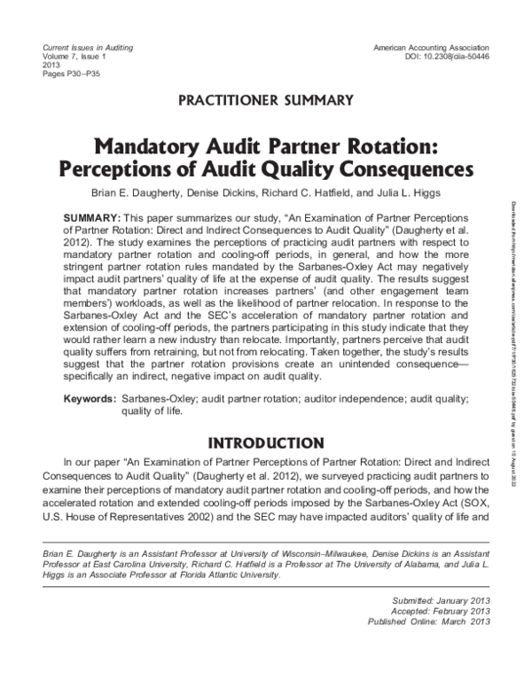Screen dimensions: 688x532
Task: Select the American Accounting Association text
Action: (432, 45)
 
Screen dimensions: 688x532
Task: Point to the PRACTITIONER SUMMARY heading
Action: (268, 98)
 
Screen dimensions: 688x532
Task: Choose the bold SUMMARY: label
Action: (92, 218)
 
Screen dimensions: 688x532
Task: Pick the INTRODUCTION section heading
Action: (268, 442)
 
